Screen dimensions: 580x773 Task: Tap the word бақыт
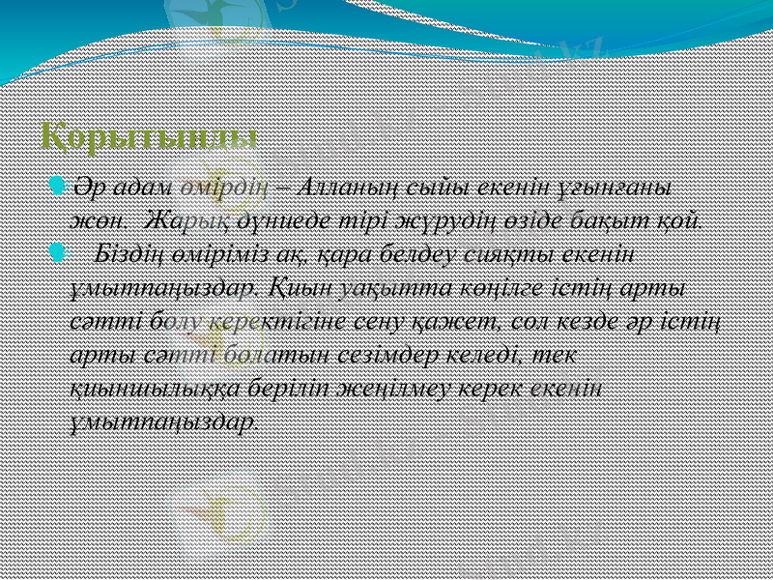[x=603, y=217]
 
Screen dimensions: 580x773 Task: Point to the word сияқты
[x=517, y=253]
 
